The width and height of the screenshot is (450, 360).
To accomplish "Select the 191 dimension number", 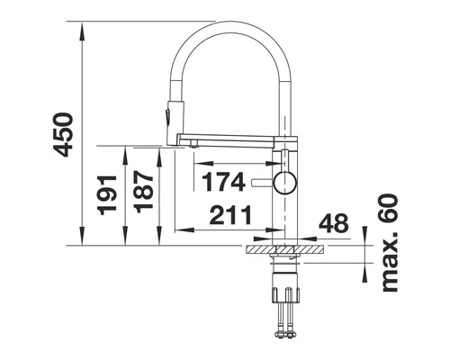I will point(108,194).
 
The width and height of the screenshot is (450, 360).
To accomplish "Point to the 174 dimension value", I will point(222,182).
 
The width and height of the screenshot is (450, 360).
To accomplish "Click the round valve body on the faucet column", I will point(284,183).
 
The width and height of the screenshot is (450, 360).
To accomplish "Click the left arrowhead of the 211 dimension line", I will point(174,230).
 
